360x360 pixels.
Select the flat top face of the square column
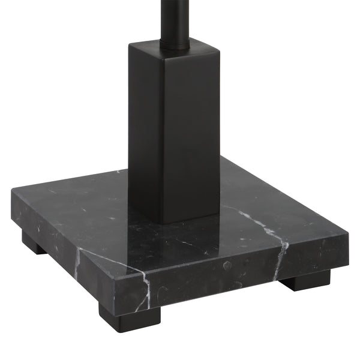[x=180, y=46]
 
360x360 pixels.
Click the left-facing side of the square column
[x=146, y=132]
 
